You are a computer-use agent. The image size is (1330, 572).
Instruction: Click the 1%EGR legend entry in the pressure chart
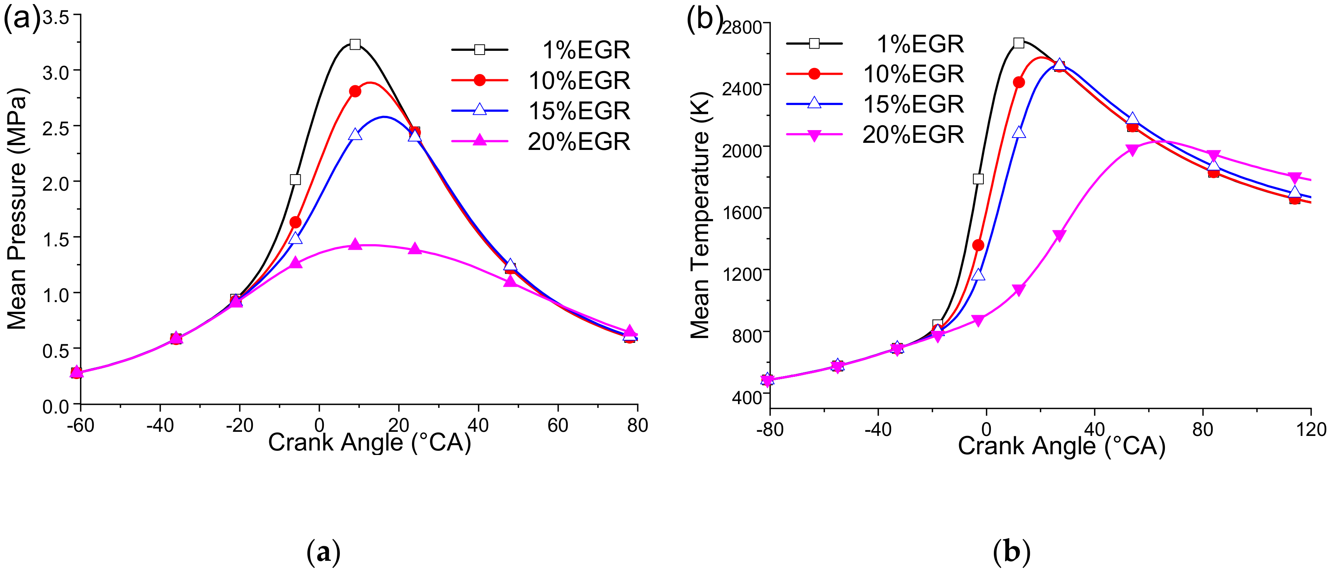pyautogui.click(x=586, y=50)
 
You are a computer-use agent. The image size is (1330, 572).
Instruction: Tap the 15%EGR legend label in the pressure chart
pyautogui.click(x=579, y=111)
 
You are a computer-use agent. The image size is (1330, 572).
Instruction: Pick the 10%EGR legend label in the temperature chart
pyautogui.click(x=913, y=74)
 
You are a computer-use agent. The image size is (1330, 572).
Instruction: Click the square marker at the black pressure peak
pyautogui.click(x=355, y=44)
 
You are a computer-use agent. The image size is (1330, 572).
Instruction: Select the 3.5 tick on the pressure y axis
pyautogui.click(x=56, y=18)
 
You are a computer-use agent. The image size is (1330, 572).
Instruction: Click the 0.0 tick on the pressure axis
pyautogui.click(x=56, y=407)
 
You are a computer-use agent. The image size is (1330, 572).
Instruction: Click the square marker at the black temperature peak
pyautogui.click(x=1018, y=43)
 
